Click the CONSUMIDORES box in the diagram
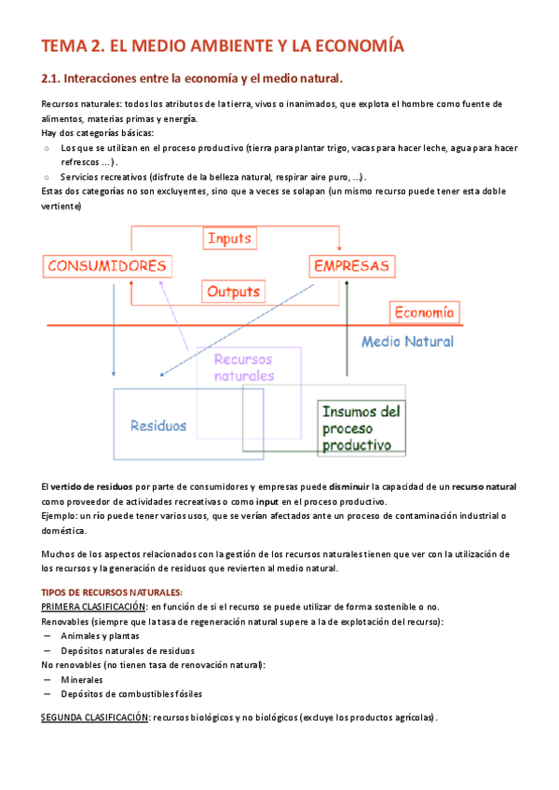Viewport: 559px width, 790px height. tap(109, 266)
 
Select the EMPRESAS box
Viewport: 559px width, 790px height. tap(351, 266)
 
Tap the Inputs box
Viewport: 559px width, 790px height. tap(229, 238)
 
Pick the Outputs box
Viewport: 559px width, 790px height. tap(233, 292)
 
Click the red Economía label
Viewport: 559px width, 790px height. tap(424, 312)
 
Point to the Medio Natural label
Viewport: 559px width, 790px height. tap(407, 341)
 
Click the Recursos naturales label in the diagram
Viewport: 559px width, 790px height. tap(244, 367)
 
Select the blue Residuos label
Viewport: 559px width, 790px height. tap(158, 426)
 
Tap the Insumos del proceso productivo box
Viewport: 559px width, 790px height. tap(361, 428)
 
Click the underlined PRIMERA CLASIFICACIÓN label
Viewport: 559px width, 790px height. tap(93, 606)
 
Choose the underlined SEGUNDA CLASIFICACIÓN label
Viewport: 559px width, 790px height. tap(95, 718)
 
